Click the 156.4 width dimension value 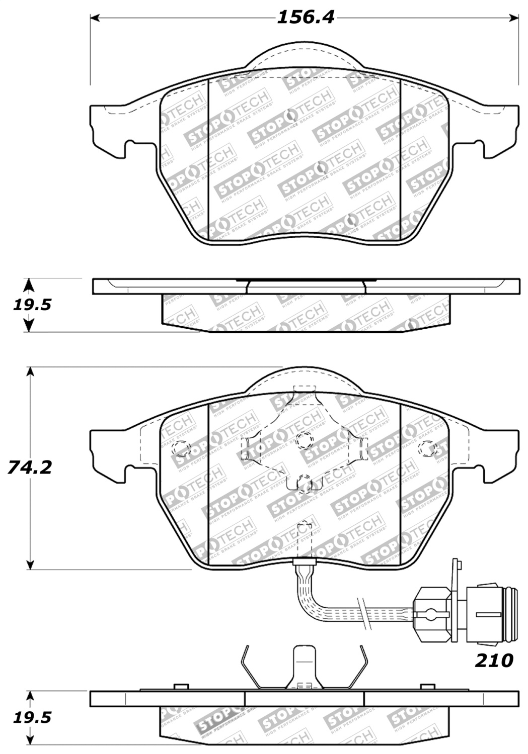pyautogui.click(x=306, y=18)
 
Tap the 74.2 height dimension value pyautogui.click(x=30, y=467)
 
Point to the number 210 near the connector pyautogui.click(x=494, y=660)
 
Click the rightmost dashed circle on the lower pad pyautogui.click(x=428, y=448)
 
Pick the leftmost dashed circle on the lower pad pyautogui.click(x=181, y=447)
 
